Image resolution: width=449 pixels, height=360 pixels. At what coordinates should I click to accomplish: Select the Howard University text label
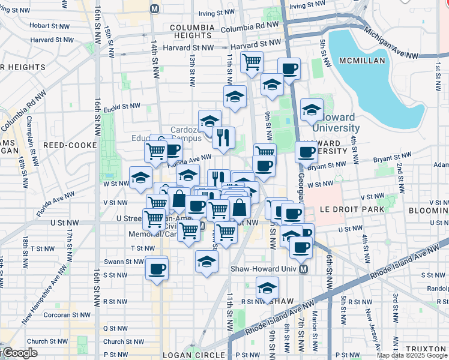[336, 123]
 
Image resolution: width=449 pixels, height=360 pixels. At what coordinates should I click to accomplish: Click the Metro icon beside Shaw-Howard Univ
[304, 269]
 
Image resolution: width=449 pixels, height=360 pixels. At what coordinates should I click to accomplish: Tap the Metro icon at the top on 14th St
[155, 9]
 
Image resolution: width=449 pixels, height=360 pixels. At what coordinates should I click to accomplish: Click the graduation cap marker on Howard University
[312, 110]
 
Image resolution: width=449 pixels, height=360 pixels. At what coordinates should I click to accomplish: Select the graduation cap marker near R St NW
[267, 288]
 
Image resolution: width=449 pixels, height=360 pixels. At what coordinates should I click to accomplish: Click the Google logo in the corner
[19, 353]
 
